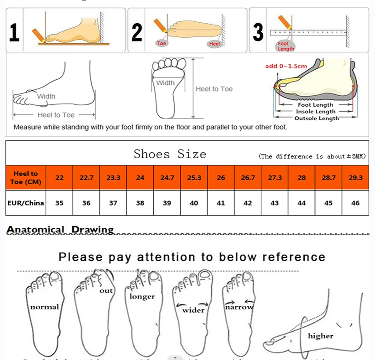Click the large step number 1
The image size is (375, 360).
(x=14, y=33)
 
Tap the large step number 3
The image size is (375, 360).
(x=258, y=32)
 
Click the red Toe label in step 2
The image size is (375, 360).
(x=162, y=43)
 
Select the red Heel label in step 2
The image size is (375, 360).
(x=214, y=44)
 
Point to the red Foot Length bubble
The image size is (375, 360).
(x=286, y=46)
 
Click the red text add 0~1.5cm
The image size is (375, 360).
(x=286, y=66)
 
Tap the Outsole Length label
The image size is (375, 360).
(x=317, y=118)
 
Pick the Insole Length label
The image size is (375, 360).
(x=316, y=112)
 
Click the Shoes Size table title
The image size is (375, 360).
(x=170, y=154)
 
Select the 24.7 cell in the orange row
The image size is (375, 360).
(x=167, y=178)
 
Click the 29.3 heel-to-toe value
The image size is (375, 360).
(x=355, y=178)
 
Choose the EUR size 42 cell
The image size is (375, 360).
(x=248, y=203)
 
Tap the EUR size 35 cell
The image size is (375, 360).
(x=59, y=203)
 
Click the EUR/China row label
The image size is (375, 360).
(x=26, y=203)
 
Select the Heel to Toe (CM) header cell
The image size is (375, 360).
(x=26, y=178)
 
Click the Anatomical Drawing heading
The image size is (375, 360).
(x=60, y=230)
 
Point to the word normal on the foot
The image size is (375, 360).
(x=45, y=307)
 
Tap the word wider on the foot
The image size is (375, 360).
(x=193, y=310)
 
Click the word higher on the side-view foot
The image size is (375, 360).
(x=320, y=336)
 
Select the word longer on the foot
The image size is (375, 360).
(x=142, y=297)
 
